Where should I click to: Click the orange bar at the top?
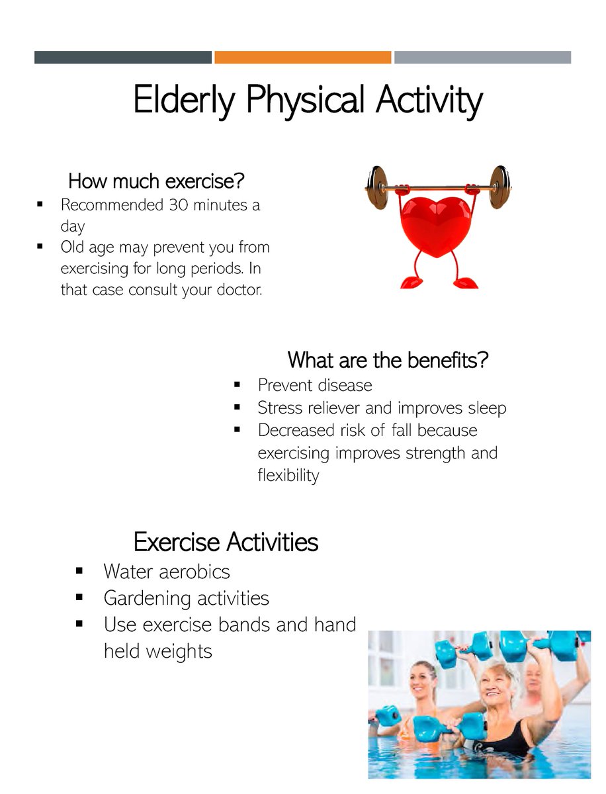coord(303,58)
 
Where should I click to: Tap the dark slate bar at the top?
coord(123,58)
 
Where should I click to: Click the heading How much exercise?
coord(157,180)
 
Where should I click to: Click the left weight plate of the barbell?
coord(378,188)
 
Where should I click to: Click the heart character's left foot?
coord(411,283)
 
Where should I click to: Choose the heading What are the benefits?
coord(388,361)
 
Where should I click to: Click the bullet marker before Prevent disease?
coord(238,384)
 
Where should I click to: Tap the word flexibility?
coord(288,475)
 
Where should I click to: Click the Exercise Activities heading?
coord(226,542)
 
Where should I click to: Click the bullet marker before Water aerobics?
coord(79,570)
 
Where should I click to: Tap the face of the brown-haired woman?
coord(421,684)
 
